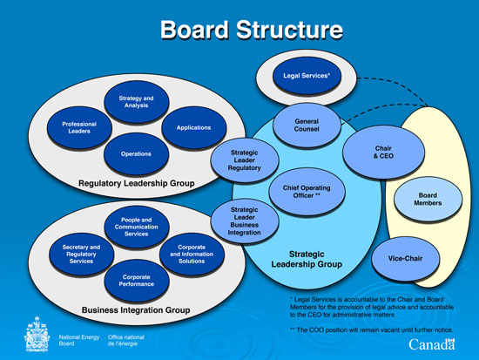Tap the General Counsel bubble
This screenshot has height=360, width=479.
[306, 127]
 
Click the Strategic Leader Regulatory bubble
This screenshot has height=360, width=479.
[245, 162]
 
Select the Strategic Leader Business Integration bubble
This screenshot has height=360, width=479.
[245, 221]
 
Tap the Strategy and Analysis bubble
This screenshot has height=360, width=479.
[136, 103]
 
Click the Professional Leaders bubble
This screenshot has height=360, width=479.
[79, 128]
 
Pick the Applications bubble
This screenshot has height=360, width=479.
[193, 128]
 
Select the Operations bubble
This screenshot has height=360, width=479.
[136, 154]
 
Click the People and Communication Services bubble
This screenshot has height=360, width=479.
[136, 226]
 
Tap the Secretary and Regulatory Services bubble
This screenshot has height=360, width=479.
[81, 253]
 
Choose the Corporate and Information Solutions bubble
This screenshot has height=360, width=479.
[193, 253]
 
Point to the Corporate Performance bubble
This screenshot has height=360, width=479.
[136, 280]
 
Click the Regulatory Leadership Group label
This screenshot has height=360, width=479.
[136, 184]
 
